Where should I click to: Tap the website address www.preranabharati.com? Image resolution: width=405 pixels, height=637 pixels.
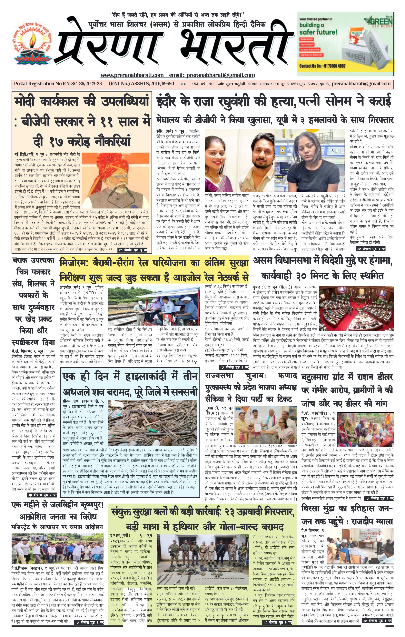point(132,75)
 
